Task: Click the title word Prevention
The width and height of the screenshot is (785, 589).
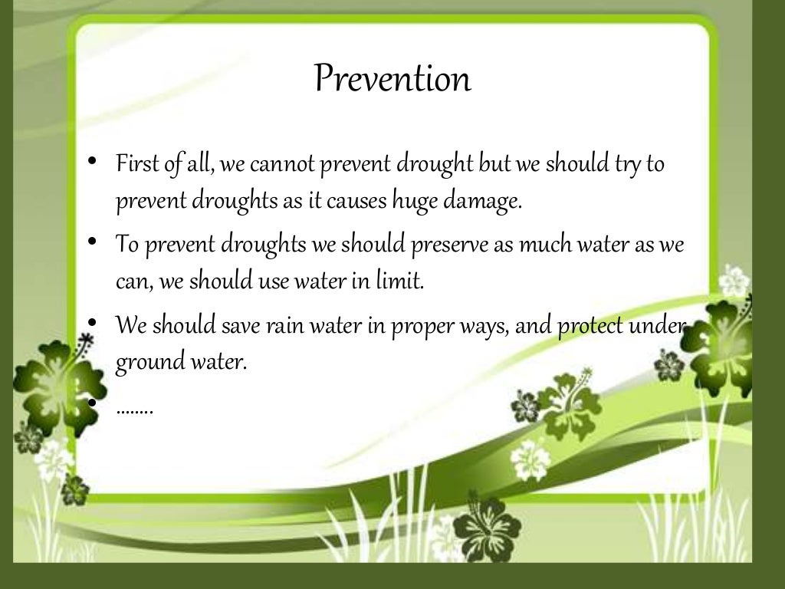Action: pyautogui.click(x=392, y=78)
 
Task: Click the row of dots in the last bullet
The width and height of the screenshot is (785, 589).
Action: pyautogui.click(x=135, y=410)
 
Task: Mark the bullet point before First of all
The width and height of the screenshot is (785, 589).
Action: pyautogui.click(x=91, y=161)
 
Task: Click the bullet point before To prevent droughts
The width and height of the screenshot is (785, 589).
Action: pyautogui.click(x=91, y=242)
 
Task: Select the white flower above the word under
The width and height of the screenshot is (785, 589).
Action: pyautogui.click(x=734, y=281)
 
